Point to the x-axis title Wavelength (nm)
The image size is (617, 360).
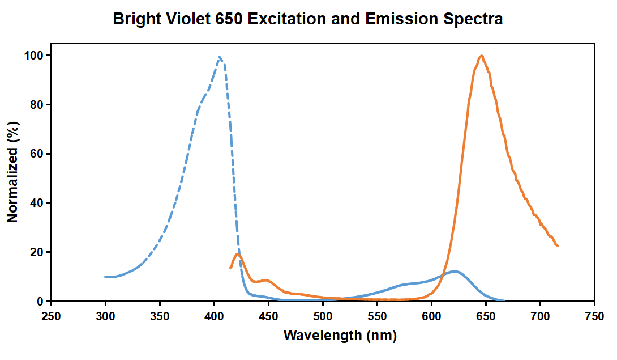point(340,335)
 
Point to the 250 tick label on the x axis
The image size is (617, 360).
point(51,316)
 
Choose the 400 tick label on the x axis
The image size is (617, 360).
point(214,316)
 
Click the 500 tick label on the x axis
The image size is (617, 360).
point(323,316)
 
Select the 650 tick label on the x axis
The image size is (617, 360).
point(486,316)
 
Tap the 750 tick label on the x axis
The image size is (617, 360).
point(594,316)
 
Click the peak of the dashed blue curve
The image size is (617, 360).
point(220,57)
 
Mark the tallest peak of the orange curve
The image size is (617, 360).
point(481,56)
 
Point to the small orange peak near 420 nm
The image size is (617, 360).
point(238,254)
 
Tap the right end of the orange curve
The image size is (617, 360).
point(558,245)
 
